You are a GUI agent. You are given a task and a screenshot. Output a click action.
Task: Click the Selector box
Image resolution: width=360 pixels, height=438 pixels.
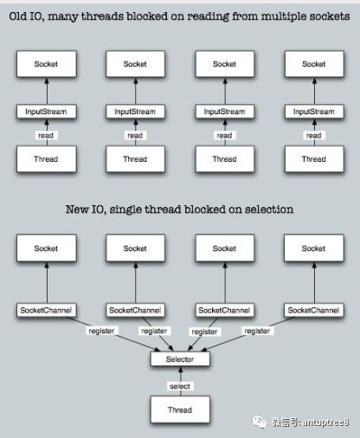[x=180, y=359]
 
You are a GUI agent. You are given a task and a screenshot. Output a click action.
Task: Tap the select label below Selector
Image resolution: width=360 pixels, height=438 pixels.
[x=180, y=386]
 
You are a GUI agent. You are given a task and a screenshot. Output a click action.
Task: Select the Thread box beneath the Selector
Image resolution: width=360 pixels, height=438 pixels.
[x=180, y=409]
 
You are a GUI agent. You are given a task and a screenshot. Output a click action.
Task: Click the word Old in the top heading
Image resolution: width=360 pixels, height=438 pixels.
[x=17, y=16]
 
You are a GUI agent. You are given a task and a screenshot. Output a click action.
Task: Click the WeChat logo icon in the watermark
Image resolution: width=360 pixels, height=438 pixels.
[x=260, y=422]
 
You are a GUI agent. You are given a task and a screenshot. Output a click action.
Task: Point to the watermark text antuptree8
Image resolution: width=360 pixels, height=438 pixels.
[x=326, y=422]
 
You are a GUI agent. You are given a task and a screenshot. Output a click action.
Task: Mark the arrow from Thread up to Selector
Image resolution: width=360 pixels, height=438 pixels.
[x=181, y=381]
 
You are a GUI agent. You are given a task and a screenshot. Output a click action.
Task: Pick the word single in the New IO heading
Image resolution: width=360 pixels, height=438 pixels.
[x=126, y=209]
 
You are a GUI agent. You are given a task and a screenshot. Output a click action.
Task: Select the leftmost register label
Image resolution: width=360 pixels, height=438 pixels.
[x=101, y=331]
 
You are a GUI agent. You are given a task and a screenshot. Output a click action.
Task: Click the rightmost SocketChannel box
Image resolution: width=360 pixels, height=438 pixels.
[x=314, y=310]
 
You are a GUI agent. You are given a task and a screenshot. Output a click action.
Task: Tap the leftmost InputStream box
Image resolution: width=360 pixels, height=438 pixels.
[x=47, y=112]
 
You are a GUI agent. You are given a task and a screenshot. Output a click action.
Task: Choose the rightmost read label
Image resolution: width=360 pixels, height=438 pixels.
[x=314, y=135]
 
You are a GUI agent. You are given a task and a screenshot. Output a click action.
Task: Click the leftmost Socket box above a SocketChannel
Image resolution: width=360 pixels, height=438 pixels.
[x=47, y=248]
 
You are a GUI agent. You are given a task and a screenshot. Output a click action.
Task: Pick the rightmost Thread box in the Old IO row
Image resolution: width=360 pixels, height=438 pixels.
[x=314, y=159]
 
